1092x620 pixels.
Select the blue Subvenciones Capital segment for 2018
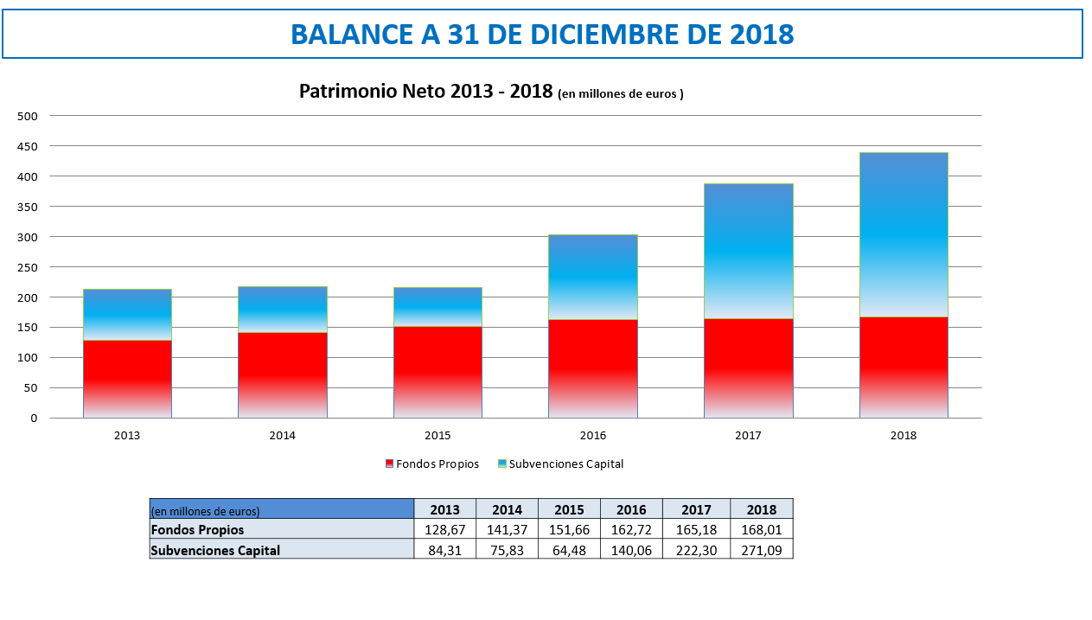pyautogui.click(x=904, y=235)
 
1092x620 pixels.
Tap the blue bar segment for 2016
pyautogui.click(x=593, y=277)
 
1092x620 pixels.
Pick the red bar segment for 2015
pyautogui.click(x=437, y=372)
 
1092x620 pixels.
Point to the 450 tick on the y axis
pyautogui.click(x=28, y=146)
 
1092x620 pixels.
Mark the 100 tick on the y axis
pyautogui.click(x=28, y=358)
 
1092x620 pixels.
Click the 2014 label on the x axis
pyautogui.click(x=283, y=436)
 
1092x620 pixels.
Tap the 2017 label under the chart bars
pyautogui.click(x=748, y=436)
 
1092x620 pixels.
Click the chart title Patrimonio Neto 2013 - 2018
pyautogui.click(x=425, y=92)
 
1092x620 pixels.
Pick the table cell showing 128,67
pyautogui.click(x=445, y=529)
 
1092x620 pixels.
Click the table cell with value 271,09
pyautogui.click(x=762, y=549)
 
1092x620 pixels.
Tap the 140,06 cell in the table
pyautogui.click(x=631, y=549)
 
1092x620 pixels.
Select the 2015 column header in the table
pyautogui.click(x=569, y=509)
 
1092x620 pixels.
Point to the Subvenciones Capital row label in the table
pyautogui.click(x=215, y=549)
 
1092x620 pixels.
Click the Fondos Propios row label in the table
pyautogui.click(x=198, y=529)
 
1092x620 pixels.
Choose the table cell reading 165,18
pyautogui.click(x=696, y=529)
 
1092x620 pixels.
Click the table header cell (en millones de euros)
pyautogui.click(x=206, y=510)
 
